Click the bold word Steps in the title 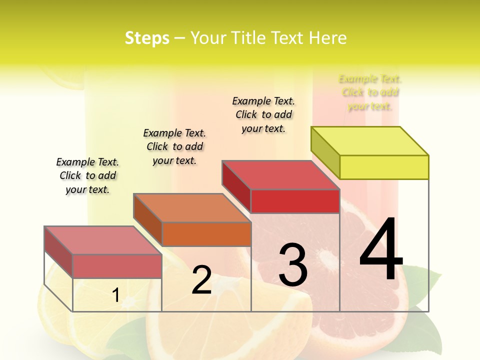(147, 38)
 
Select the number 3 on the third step (293, 264)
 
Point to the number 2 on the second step (201, 280)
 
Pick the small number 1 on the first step (115, 295)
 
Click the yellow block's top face (370, 141)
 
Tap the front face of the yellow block (384, 167)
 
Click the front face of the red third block (295, 201)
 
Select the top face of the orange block (192, 207)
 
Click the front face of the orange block (206, 234)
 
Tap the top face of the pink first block (103, 240)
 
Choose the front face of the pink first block (117, 266)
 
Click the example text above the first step (87, 175)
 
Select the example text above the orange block (174, 146)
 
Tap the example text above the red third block (263, 114)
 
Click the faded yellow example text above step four (370, 92)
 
